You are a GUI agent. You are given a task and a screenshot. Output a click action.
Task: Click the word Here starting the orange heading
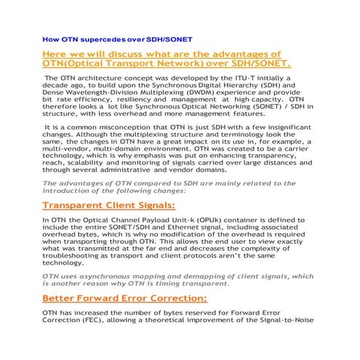point(57,54)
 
